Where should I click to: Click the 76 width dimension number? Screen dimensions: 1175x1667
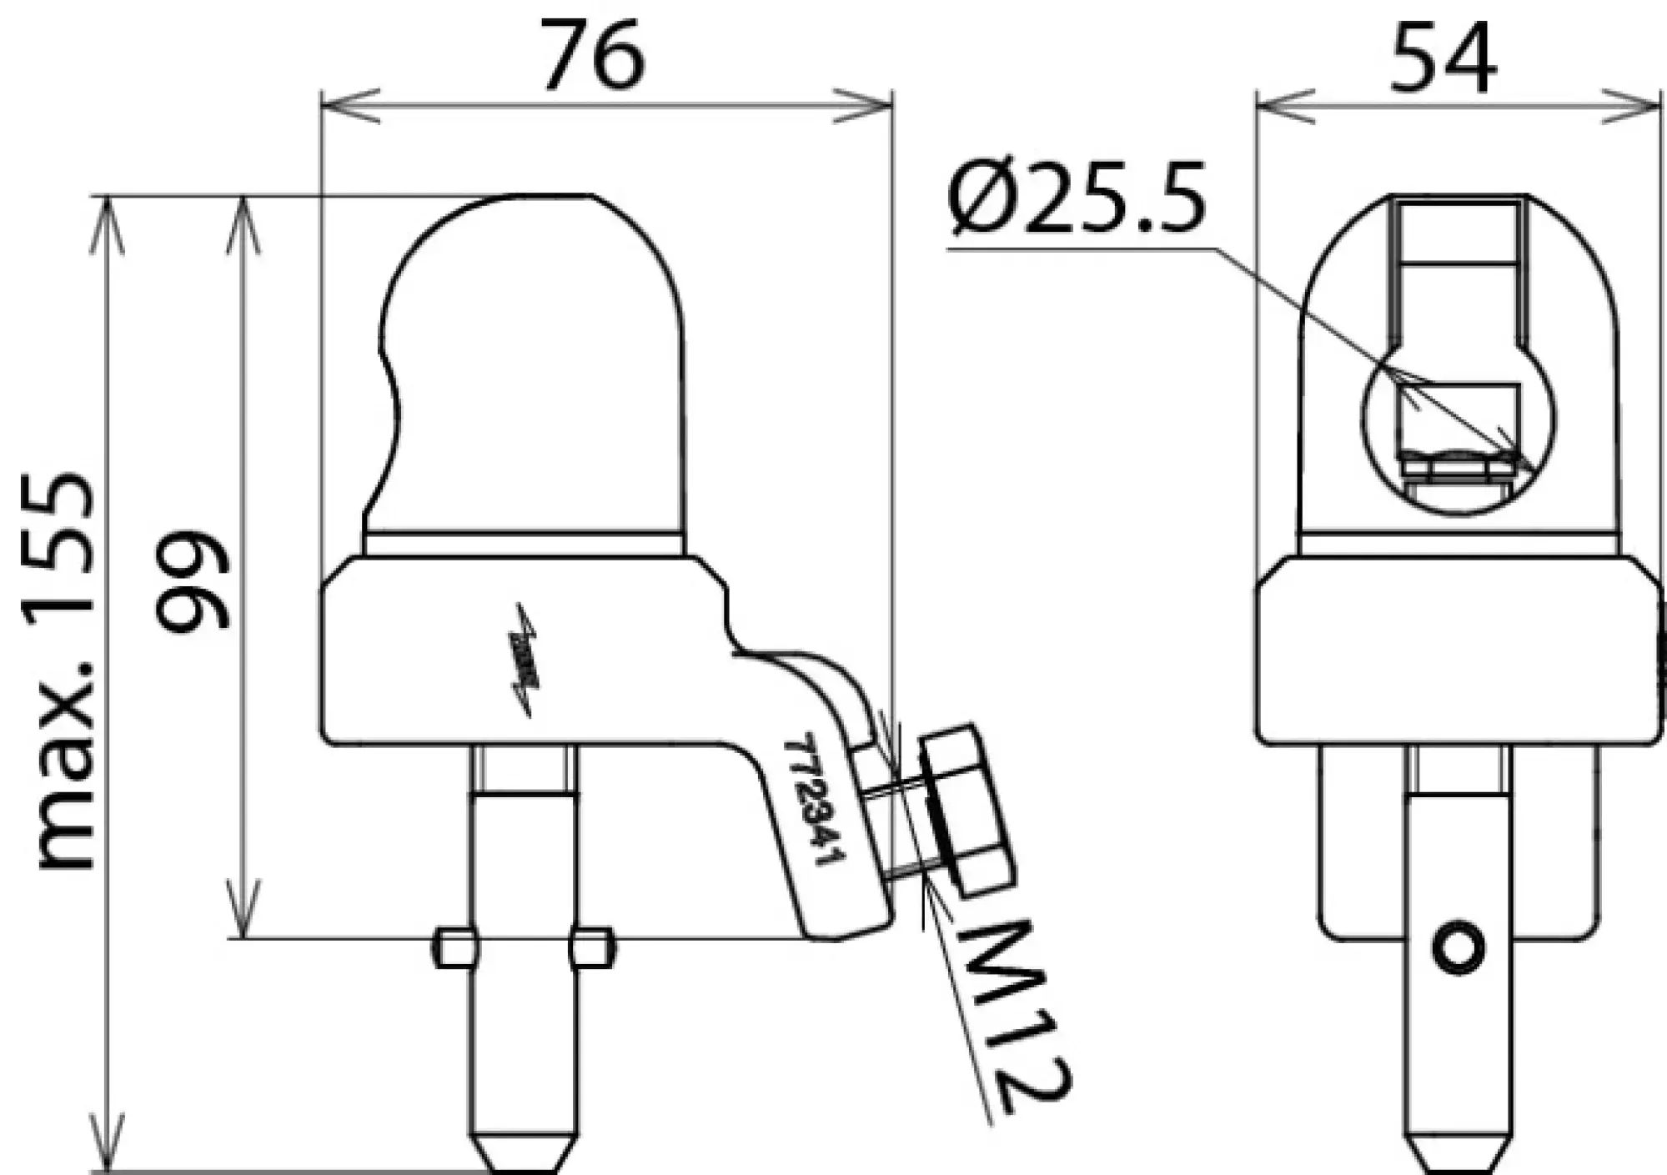[593, 56]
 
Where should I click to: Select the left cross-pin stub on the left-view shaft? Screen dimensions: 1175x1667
[455, 948]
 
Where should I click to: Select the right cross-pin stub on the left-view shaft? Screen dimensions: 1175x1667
[591, 948]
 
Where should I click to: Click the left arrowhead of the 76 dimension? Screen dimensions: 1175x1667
[334, 106]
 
